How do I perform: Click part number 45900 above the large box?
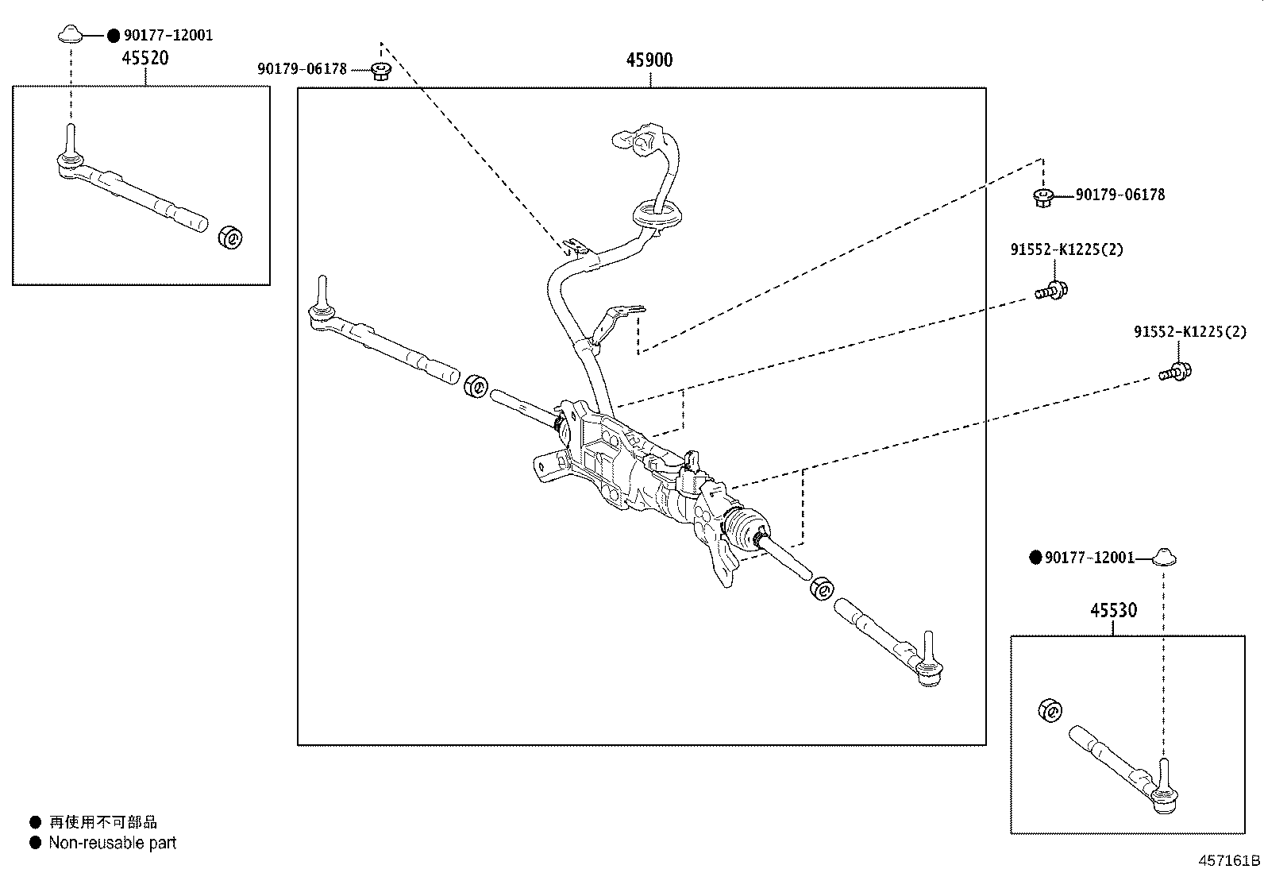point(649,60)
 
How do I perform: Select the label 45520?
point(145,58)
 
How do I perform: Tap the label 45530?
point(1113,610)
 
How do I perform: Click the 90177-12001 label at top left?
point(168,36)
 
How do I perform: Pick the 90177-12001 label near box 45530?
point(1089,558)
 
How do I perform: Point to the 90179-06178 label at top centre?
point(302,69)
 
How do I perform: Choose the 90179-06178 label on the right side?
point(1119,195)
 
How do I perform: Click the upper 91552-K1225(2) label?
point(1066,249)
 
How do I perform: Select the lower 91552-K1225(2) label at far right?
point(1189,332)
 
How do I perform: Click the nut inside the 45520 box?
point(232,237)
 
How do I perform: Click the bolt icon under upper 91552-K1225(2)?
point(1052,291)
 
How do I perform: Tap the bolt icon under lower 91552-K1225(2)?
point(1177,371)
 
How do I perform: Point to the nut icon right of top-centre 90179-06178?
point(380,71)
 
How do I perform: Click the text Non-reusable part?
point(112,843)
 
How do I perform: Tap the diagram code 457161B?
point(1229,860)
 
